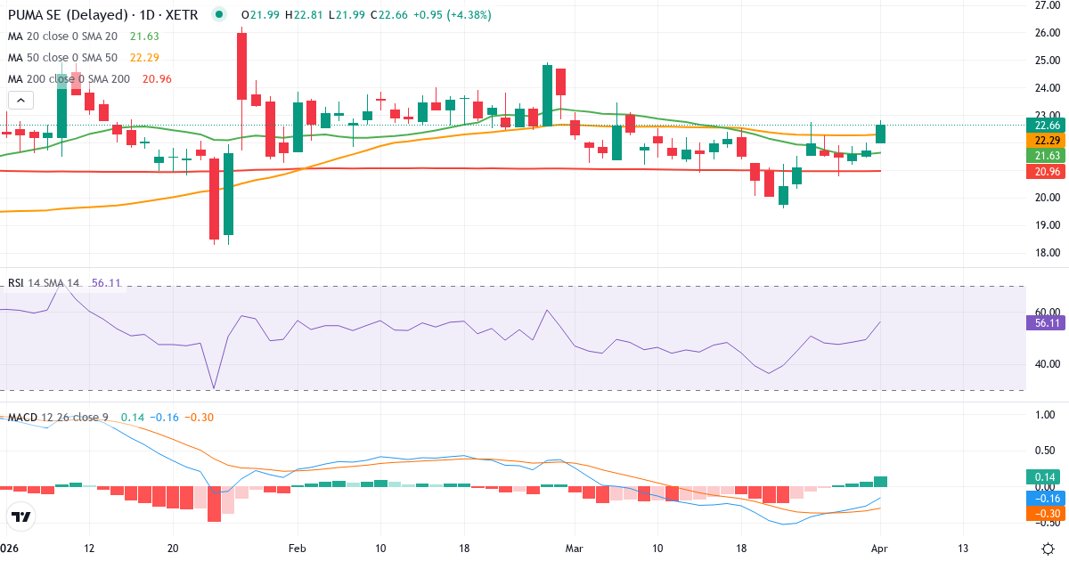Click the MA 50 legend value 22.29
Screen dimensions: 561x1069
click(x=144, y=57)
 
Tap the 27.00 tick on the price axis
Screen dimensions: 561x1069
click(x=1046, y=5)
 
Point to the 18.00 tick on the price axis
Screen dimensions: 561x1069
click(x=1046, y=253)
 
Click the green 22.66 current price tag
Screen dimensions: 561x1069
click(x=1046, y=126)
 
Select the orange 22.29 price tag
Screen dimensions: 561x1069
click(x=1046, y=141)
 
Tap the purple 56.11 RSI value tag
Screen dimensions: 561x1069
click(x=1046, y=323)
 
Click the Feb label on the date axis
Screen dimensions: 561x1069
click(x=297, y=548)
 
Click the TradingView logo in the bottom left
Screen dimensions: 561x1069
click(x=21, y=516)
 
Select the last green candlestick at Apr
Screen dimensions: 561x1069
click(x=881, y=134)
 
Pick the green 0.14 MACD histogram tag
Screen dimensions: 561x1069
click(x=1046, y=476)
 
